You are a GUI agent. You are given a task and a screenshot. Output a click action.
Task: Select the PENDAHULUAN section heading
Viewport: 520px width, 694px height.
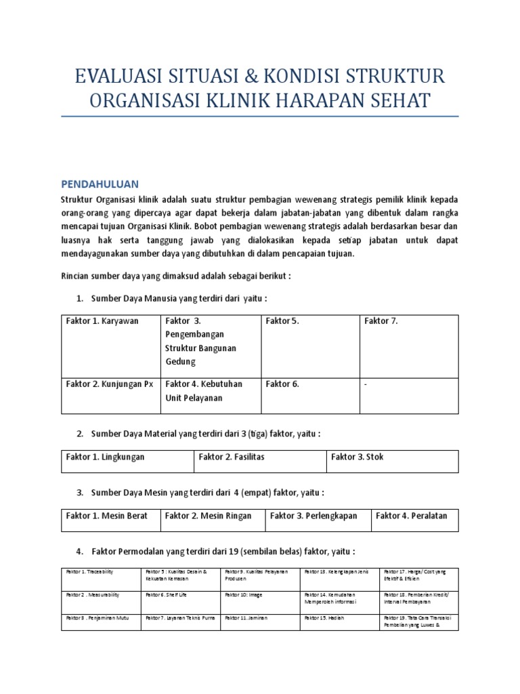click(100, 184)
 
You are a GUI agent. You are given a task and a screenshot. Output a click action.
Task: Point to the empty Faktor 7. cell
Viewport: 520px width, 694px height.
click(408, 346)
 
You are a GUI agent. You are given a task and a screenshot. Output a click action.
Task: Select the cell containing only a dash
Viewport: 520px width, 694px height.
click(408, 394)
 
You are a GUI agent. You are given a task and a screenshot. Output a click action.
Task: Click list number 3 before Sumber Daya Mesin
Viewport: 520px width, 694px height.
click(80, 492)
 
